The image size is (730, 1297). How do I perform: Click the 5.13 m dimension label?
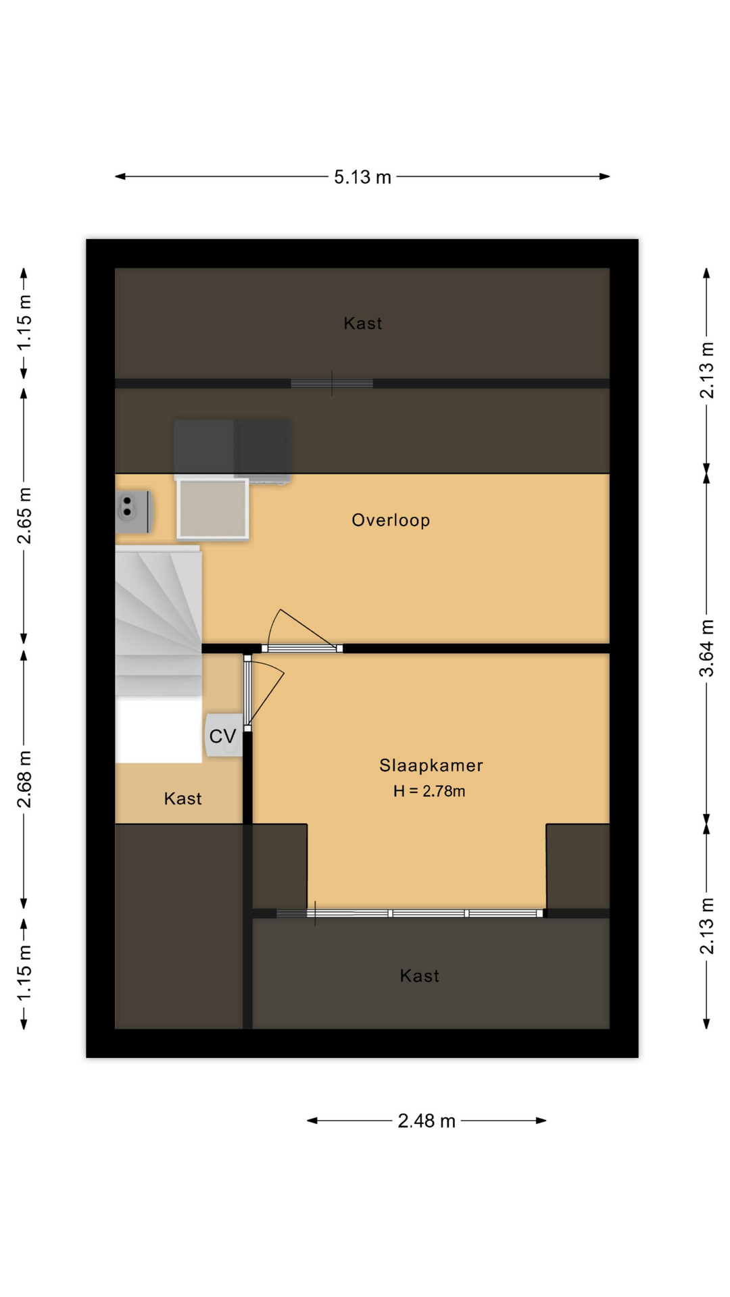coord(362,177)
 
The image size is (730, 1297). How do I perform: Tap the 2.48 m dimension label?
coord(427,1121)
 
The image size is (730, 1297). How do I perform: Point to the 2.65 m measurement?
coord(24,515)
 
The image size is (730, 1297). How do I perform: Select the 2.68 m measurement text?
coord(24,779)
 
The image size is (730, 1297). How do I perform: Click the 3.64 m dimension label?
coord(706,648)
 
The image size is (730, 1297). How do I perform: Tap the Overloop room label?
coord(391,520)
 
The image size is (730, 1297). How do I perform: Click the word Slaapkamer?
coord(431,765)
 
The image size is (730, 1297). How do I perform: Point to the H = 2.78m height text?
coord(429,791)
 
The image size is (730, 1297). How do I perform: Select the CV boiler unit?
coord(224,735)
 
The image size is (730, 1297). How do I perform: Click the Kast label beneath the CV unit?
coord(182,798)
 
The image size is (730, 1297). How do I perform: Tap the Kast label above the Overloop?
coord(363,324)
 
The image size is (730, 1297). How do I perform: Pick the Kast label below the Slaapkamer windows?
coord(420,975)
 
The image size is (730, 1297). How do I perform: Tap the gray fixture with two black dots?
coord(134,512)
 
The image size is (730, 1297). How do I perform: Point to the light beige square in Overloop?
coord(213,509)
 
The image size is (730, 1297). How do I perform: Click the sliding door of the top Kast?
coord(332,384)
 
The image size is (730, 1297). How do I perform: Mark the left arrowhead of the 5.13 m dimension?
coord(120,177)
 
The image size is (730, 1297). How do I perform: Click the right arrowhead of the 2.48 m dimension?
coord(541,1121)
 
